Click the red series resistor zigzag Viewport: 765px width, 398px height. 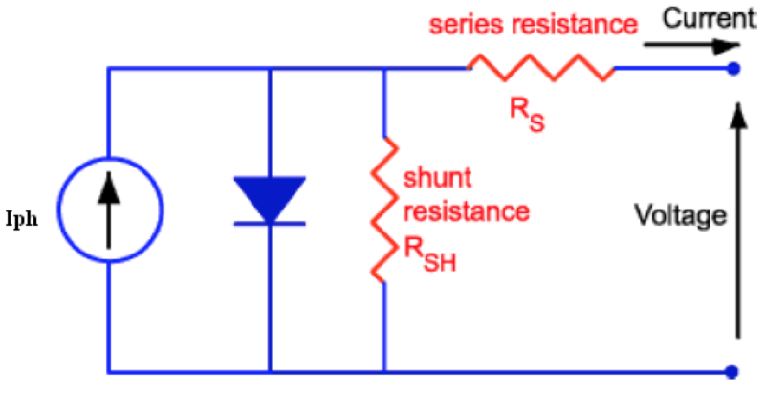pos(540,68)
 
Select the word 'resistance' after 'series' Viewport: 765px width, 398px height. pos(575,26)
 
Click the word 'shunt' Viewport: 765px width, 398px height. pos(429,179)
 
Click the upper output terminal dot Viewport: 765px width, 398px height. pos(733,68)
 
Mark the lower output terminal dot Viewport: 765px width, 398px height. pos(733,371)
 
